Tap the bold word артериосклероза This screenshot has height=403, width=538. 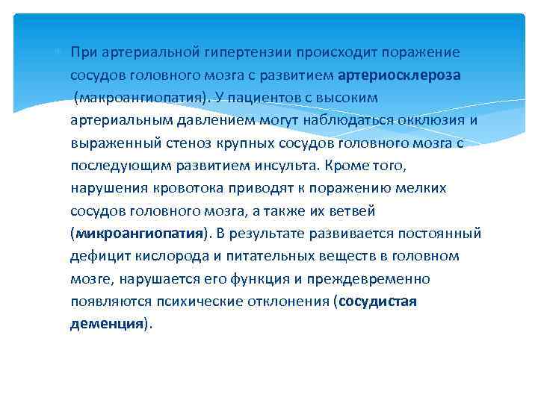pos(399,75)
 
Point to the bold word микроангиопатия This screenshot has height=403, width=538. pos(140,233)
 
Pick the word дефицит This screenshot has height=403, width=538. pos(96,255)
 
